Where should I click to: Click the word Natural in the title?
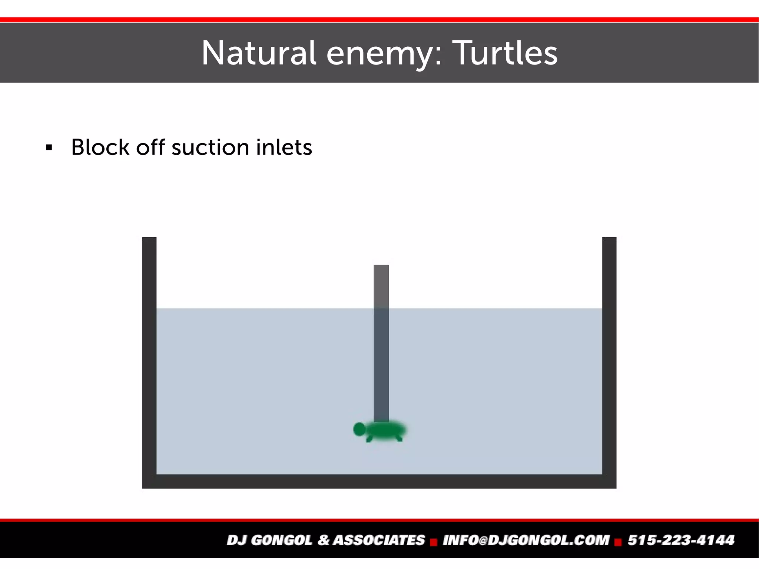click(259, 53)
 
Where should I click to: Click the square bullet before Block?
click(49, 148)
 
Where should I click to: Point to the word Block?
click(100, 147)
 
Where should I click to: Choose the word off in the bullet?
click(150, 147)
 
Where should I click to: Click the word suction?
click(211, 147)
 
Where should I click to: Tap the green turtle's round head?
click(359, 429)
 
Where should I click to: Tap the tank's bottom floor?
click(379, 482)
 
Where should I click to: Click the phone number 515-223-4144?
click(681, 540)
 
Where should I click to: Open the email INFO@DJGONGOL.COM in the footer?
click(526, 540)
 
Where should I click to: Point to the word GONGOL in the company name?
click(281, 540)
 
